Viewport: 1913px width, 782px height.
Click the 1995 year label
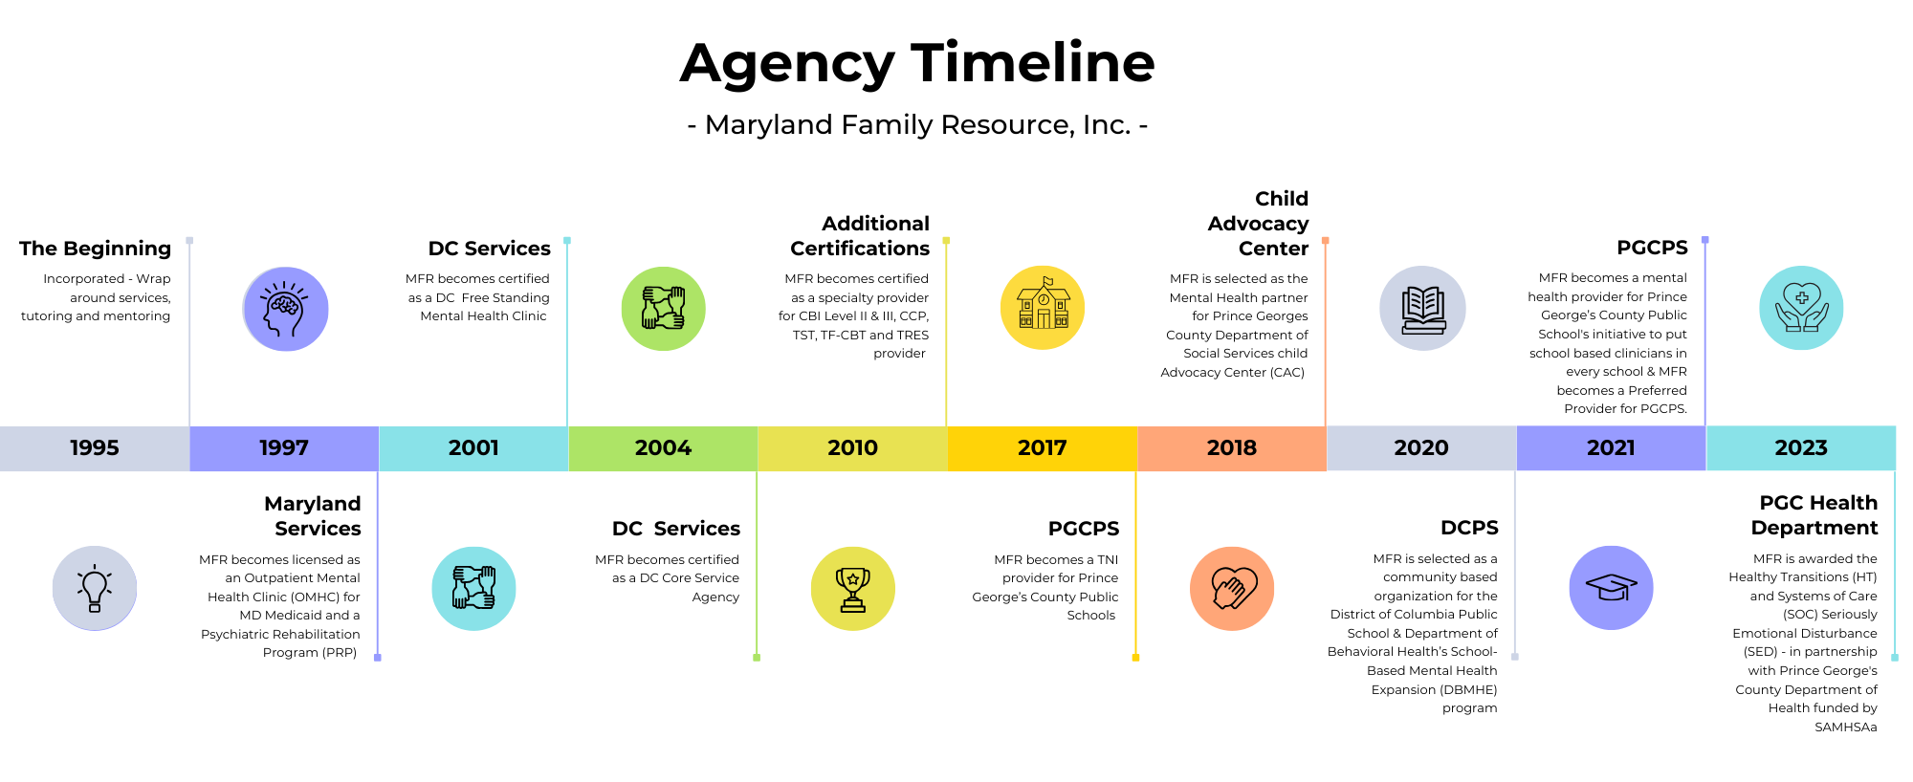point(95,448)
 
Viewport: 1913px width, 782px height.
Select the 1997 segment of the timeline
point(284,448)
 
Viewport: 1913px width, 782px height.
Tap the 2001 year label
point(473,448)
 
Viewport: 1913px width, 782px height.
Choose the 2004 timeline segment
point(663,448)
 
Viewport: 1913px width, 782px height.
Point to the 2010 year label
point(852,448)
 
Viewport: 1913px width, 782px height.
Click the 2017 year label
point(1042,448)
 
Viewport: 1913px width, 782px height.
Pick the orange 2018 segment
point(1232,448)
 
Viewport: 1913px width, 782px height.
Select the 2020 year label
point(1421,448)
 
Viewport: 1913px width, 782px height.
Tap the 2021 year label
point(1611,448)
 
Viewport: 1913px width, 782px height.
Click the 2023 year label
point(1801,448)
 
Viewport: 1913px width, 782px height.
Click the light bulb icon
point(95,588)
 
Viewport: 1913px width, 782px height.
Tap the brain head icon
point(285,309)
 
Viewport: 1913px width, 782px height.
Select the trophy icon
point(852,588)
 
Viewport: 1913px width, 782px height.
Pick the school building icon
point(1043,308)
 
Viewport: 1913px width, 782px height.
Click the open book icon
point(1422,309)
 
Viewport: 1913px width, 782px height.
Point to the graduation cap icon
point(1611,588)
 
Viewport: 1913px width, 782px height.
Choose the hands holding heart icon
point(1801,309)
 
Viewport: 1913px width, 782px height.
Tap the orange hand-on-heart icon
point(1232,588)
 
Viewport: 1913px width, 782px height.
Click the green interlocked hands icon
point(663,309)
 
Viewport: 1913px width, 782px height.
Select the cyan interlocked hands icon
point(473,588)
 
